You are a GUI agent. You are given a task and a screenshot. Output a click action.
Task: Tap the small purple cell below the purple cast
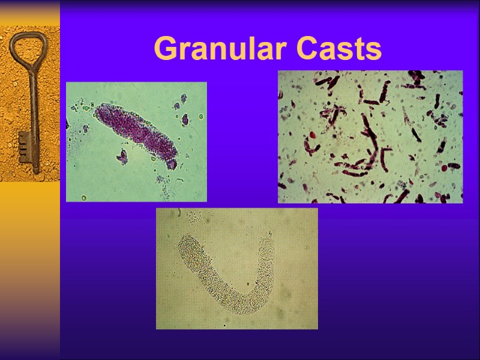tap(122, 157)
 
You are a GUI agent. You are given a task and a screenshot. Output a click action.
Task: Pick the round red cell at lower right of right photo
tap(445, 169)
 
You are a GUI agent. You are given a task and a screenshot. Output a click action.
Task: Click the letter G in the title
tap(164, 49)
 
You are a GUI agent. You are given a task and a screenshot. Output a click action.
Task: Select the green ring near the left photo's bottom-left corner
tap(84, 197)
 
